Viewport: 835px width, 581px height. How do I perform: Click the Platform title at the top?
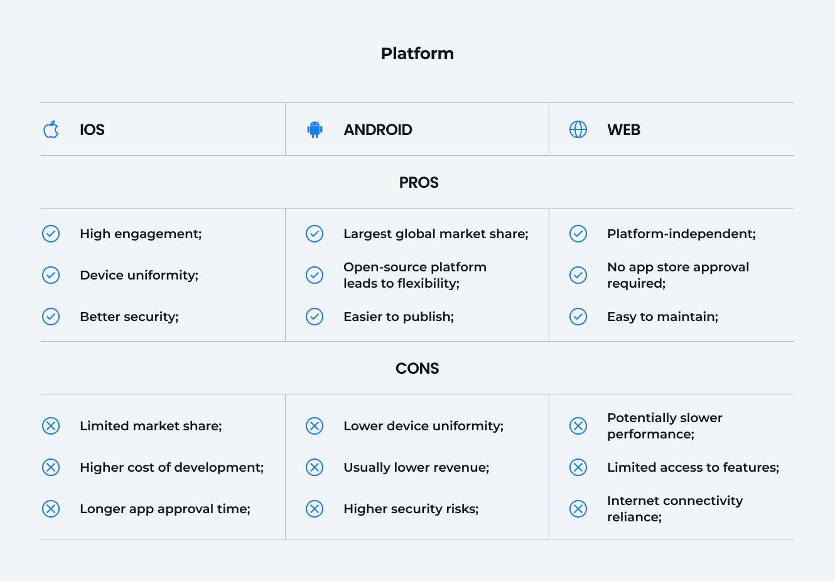pyautogui.click(x=417, y=53)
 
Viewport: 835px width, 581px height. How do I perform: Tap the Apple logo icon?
pyautogui.click(x=51, y=129)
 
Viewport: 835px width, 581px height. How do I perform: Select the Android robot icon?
pyautogui.click(x=315, y=129)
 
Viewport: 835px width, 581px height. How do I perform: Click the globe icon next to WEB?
pyautogui.click(x=578, y=129)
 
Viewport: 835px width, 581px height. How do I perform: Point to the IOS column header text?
pyautogui.click(x=92, y=130)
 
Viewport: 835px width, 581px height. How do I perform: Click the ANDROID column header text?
pyautogui.click(x=377, y=130)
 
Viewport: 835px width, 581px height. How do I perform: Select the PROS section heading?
pyautogui.click(x=419, y=183)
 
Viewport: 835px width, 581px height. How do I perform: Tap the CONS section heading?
pyautogui.click(x=417, y=369)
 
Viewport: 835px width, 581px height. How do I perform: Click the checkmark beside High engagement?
pyautogui.click(x=51, y=234)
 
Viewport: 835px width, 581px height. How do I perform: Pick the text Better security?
pyautogui.click(x=129, y=317)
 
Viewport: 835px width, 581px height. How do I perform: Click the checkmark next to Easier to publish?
pyautogui.click(x=315, y=317)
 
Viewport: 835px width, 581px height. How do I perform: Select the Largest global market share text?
pyautogui.click(x=436, y=234)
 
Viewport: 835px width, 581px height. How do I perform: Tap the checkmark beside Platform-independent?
pyautogui.click(x=578, y=234)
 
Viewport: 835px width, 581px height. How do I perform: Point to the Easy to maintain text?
pyautogui.click(x=662, y=317)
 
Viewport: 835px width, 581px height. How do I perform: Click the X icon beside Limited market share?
pyautogui.click(x=51, y=426)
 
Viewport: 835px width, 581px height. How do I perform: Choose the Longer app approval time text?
pyautogui.click(x=164, y=509)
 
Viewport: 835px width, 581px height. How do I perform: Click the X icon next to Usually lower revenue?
pyautogui.click(x=315, y=467)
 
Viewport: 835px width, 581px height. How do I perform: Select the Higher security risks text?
pyautogui.click(x=411, y=509)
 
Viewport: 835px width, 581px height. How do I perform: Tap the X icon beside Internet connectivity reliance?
pyautogui.click(x=578, y=509)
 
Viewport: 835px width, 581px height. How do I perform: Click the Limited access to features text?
pyautogui.click(x=692, y=467)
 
